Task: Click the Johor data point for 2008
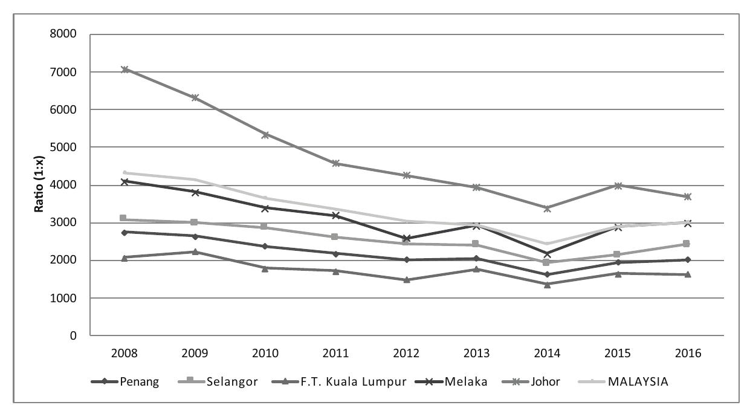pos(124,70)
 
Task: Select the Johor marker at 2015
pos(618,186)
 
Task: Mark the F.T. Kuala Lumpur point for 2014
pos(547,284)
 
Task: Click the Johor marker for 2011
pos(336,163)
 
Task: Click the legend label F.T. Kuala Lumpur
pos(360,381)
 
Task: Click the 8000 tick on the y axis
pos(64,34)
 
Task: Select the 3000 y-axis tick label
pos(64,223)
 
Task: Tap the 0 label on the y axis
pos(73,336)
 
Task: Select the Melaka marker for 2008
pos(124,181)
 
